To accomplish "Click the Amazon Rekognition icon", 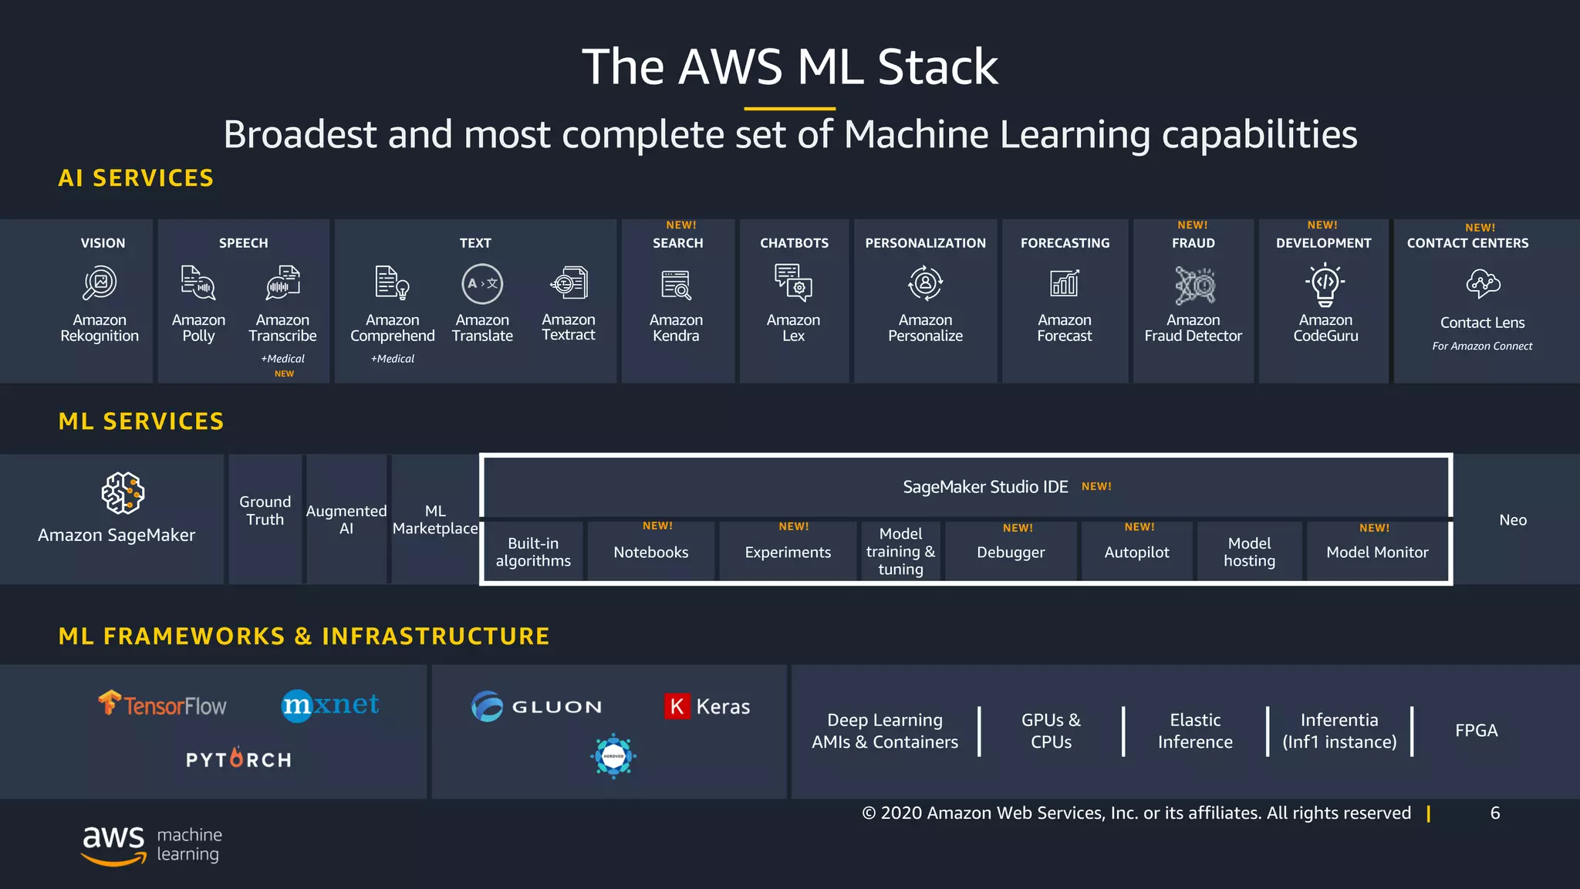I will [x=100, y=283].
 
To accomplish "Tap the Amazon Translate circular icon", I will [x=482, y=283].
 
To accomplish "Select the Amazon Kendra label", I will [x=676, y=328].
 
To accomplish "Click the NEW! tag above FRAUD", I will [x=1192, y=225].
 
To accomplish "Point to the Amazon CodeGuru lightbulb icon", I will [x=1325, y=284].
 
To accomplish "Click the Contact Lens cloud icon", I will [x=1482, y=284].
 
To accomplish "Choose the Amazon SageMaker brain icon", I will [x=123, y=493].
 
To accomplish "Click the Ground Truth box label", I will [x=265, y=511].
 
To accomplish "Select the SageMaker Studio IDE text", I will [x=985, y=487].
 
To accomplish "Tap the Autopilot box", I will [x=1136, y=552].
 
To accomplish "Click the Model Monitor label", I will [x=1377, y=552].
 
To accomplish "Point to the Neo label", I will [x=1512, y=520].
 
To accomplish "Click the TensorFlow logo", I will [x=163, y=705].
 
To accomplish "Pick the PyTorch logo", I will [x=238, y=759].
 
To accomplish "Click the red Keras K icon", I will [x=677, y=706].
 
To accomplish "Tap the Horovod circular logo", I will [x=613, y=756].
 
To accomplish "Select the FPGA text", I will [x=1476, y=730].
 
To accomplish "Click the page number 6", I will [x=1494, y=813].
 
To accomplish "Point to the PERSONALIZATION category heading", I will [x=925, y=243].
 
